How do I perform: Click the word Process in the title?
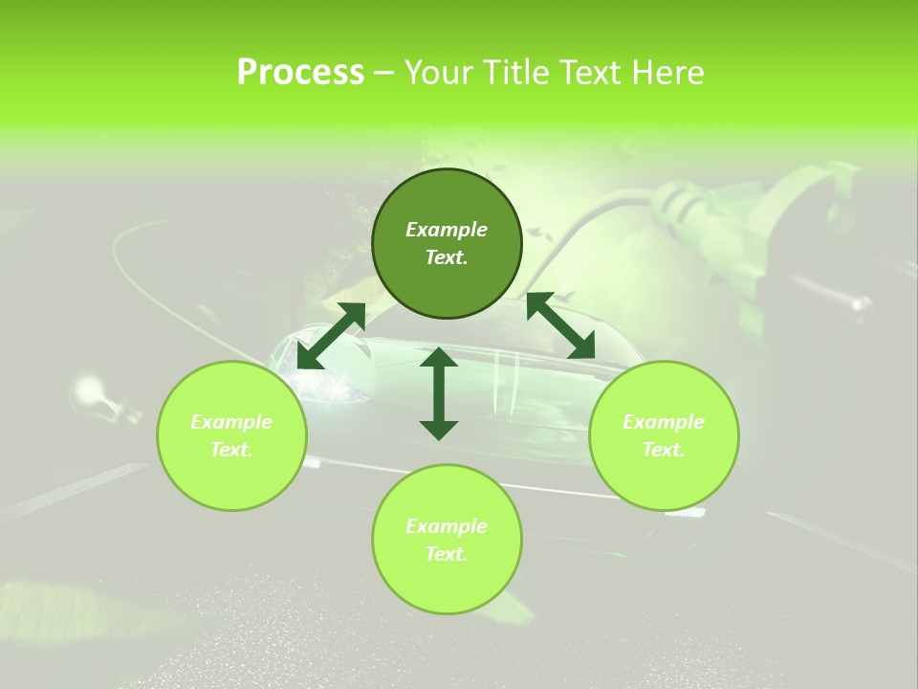300,73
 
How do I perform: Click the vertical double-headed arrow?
439,393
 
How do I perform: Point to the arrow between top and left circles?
331,335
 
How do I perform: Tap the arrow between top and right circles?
560,325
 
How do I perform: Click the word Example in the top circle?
447,230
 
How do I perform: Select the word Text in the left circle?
230,450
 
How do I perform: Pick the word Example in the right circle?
664,422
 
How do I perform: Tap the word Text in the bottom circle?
446,554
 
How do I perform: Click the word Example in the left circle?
231,422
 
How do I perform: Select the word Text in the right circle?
663,450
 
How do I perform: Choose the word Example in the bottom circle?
447,526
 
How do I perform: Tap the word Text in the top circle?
446,257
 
